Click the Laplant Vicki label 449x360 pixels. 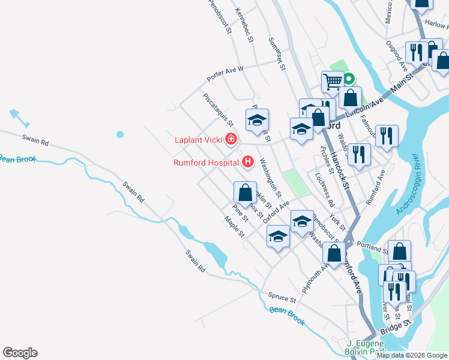[x=199, y=140]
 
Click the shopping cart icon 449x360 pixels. [x=332, y=81]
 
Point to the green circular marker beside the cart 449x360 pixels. [x=348, y=78]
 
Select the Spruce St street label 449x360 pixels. [x=283, y=297]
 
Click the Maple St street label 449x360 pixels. [x=234, y=226]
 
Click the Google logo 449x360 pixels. [x=20, y=353]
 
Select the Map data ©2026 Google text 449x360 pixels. [x=412, y=355]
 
